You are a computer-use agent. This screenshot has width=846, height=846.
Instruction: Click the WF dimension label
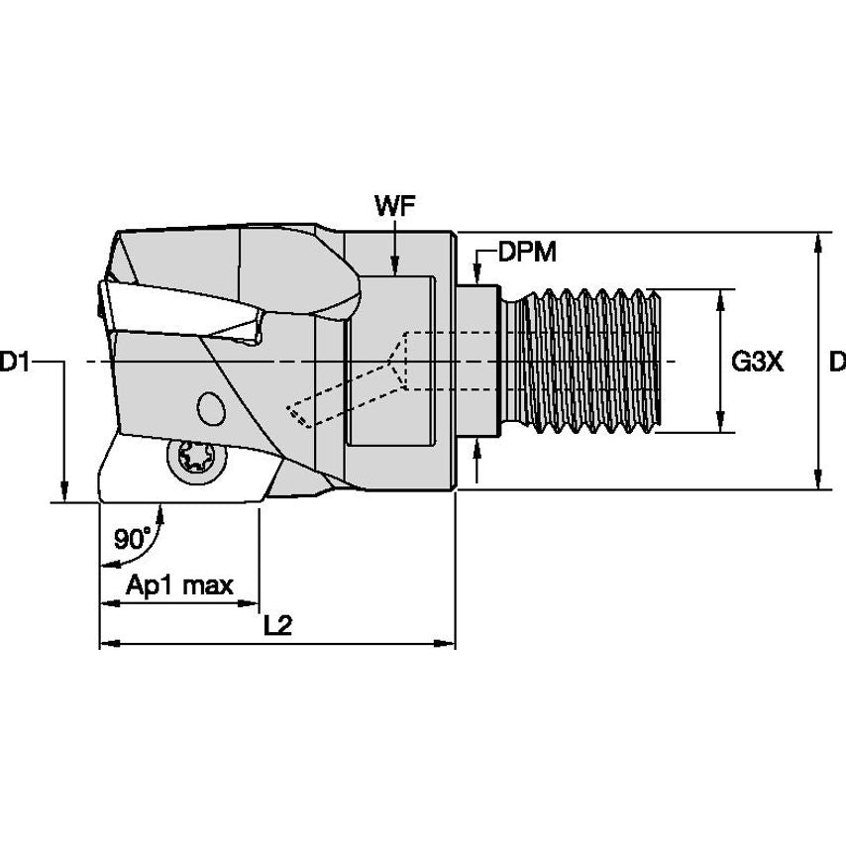coord(393,206)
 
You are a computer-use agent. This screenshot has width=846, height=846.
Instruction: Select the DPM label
coord(527,253)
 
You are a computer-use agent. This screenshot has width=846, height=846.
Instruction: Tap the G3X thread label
coord(758,363)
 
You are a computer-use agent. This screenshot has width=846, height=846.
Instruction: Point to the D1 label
coord(14,363)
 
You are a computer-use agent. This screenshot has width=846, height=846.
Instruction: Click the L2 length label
coord(278,626)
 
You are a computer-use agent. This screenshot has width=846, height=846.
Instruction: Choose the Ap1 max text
coord(179,584)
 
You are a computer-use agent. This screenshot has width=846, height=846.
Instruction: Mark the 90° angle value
coord(133,539)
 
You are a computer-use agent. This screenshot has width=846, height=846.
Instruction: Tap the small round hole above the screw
coord(209,407)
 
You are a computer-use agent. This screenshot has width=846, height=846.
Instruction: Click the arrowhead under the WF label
coord(394,264)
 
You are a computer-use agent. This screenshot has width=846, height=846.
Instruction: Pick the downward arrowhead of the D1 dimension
coord(63,493)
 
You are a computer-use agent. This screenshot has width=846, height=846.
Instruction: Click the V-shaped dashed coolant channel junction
coord(398,363)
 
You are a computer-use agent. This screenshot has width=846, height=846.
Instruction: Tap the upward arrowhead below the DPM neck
coord(477,445)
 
